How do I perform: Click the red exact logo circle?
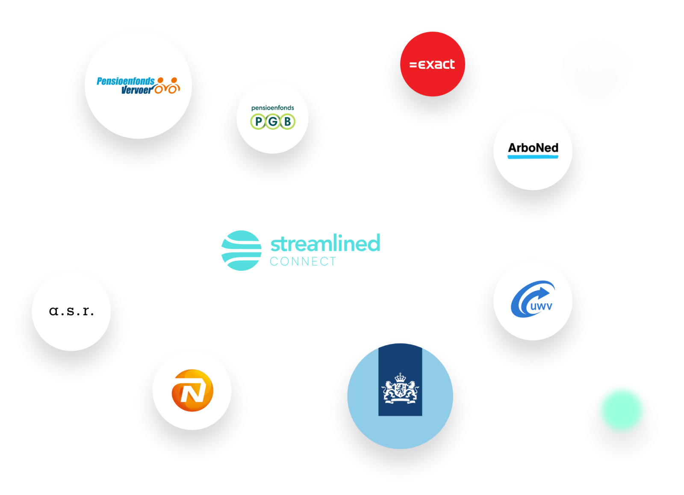coord(432,64)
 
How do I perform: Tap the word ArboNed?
coord(533,148)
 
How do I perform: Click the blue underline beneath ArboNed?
coord(533,157)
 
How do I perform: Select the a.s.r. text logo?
coord(71,311)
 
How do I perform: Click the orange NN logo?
coord(192,390)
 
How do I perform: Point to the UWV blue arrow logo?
coord(533,299)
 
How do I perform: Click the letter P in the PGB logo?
coord(258,121)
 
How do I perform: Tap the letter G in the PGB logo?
coord(273,121)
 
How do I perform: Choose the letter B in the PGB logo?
coord(287,121)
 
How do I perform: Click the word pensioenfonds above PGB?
coord(272,108)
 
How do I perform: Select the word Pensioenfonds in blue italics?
coord(126,81)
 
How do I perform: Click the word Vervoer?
coord(136,90)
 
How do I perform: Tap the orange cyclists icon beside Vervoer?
coord(167,85)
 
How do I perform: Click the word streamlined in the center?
coord(325,243)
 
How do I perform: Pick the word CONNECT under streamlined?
coord(303,261)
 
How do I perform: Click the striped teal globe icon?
coord(241,250)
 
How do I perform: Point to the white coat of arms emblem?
coord(400,388)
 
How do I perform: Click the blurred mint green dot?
coord(622,410)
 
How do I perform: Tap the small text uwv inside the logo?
coord(541,306)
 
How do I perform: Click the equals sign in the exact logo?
coord(413,64)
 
